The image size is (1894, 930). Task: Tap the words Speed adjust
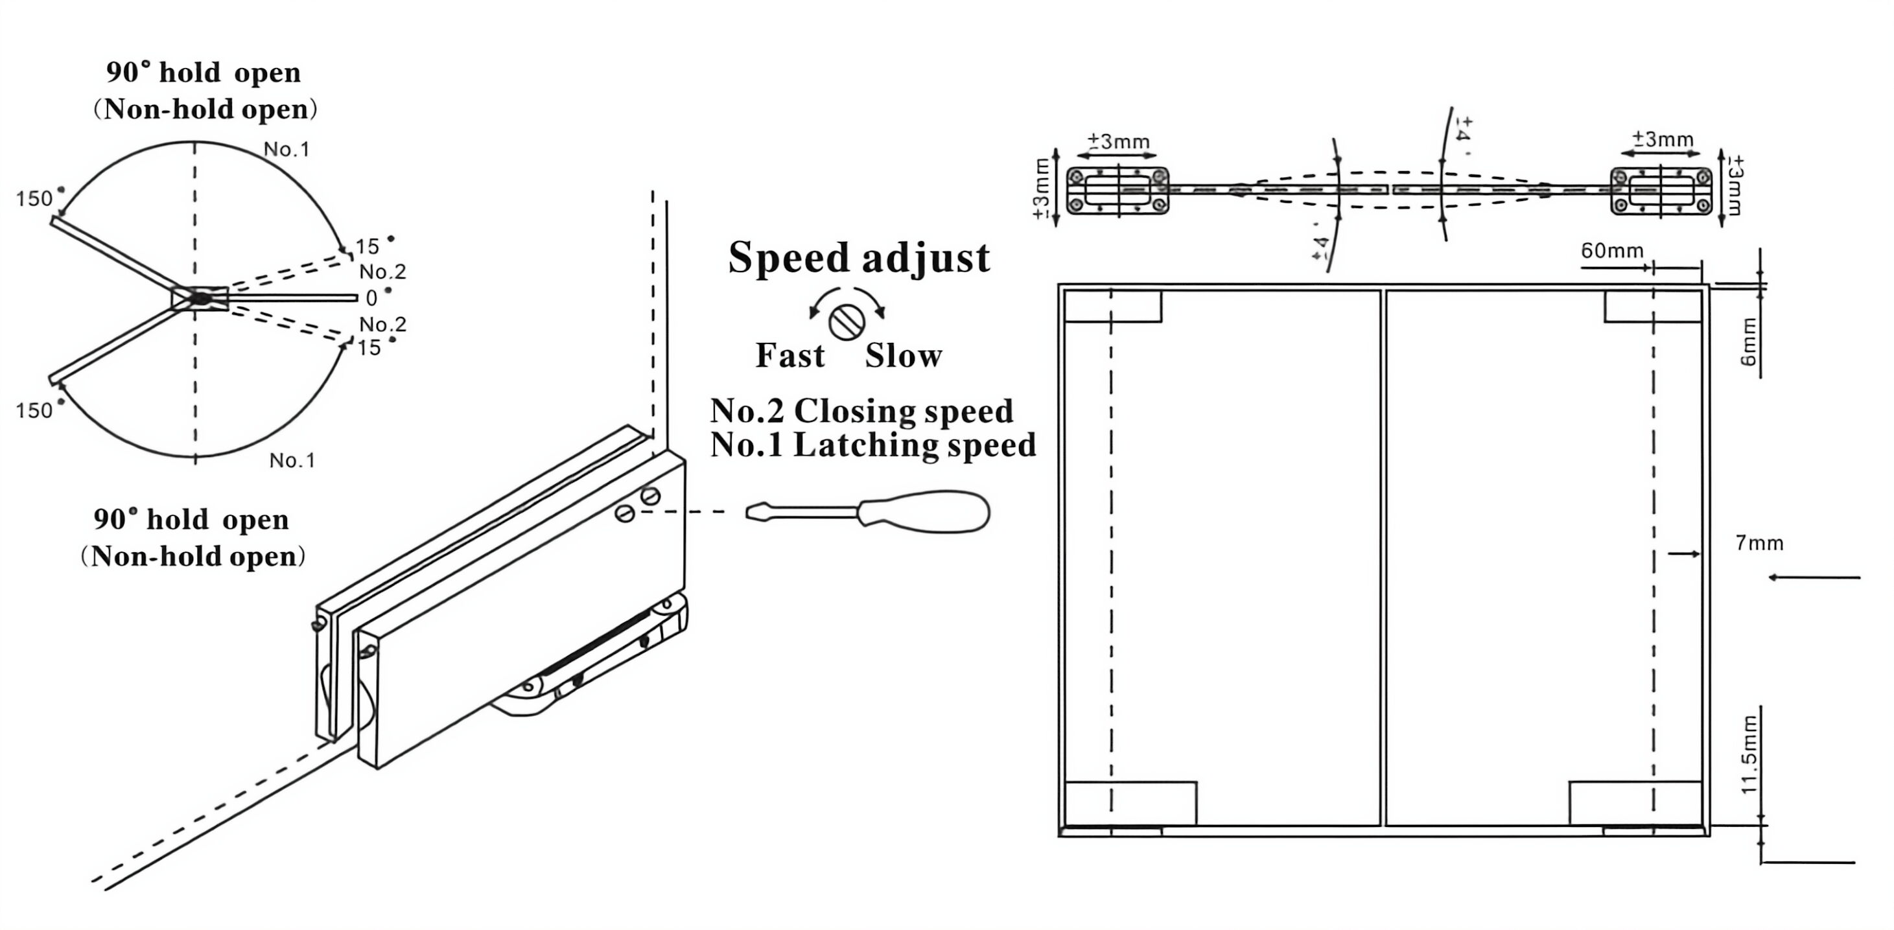coord(859,257)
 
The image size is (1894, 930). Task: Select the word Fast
coord(790,356)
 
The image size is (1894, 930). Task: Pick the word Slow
coord(904,356)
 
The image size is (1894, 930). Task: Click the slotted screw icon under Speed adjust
coord(847,322)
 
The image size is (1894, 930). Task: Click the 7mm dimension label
coord(1759,543)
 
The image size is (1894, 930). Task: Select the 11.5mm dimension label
coord(1749,754)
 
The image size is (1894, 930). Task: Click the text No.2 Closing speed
coord(861,411)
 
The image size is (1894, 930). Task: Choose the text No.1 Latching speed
coord(872,445)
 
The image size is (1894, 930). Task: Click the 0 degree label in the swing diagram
coord(371,297)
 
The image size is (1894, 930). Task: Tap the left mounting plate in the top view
coord(1117,191)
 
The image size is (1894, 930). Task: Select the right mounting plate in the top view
coord(1661,191)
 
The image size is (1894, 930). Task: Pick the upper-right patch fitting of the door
coord(1653,307)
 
